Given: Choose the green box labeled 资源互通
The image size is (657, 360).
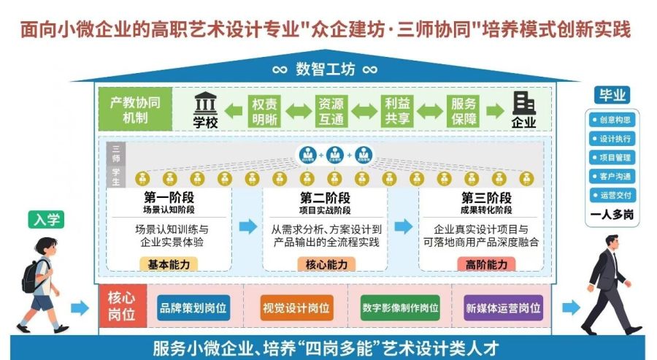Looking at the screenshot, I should tap(330, 111).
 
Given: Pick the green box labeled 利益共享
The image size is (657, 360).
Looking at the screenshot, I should tap(397, 111).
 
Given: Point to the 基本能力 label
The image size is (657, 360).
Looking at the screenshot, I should tap(169, 264).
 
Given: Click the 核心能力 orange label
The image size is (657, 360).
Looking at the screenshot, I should tap(326, 264).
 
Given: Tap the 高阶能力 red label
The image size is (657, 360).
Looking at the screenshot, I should tap(486, 264).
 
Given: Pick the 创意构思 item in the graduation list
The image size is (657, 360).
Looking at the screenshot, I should tap(611, 120).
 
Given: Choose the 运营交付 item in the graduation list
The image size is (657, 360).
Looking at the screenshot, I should tap(611, 196).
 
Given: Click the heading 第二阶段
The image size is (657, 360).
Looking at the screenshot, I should tap(326, 198).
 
